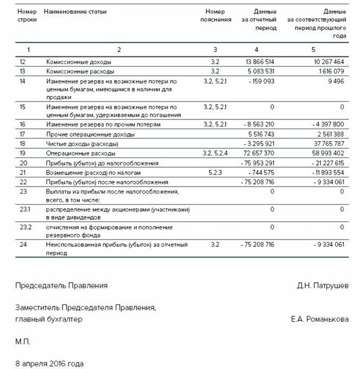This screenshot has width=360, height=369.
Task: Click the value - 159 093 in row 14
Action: (x=258, y=81)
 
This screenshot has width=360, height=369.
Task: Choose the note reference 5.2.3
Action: (x=215, y=173)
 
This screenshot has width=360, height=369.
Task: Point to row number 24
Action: (x=22, y=245)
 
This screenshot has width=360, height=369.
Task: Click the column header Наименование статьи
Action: (x=75, y=11)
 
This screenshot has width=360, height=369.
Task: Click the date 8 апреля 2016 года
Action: (x=49, y=362)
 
